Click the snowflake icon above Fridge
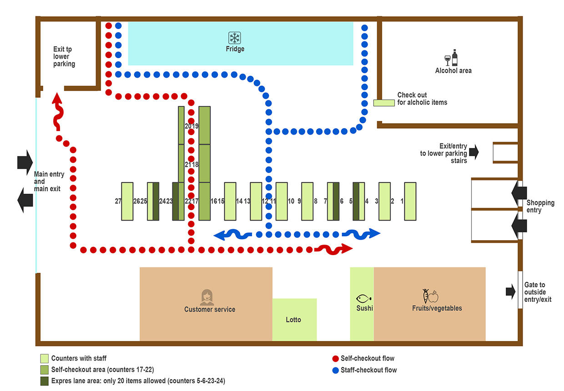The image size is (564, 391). click(x=235, y=38)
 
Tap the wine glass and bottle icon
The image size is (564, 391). click(x=451, y=58)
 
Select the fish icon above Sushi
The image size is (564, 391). click(x=364, y=299)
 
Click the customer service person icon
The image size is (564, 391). click(x=207, y=297)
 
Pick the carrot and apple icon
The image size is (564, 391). click(x=430, y=296)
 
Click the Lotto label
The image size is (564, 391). click(x=293, y=320)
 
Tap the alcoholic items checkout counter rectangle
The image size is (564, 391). click(x=383, y=103)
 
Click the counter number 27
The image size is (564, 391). click(x=118, y=201)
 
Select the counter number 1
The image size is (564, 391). click(x=402, y=201)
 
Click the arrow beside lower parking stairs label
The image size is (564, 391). click(x=473, y=152)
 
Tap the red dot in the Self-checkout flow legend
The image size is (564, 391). click(x=335, y=358)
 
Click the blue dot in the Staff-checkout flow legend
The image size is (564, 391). click(x=335, y=370)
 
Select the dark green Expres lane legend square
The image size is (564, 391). click(x=44, y=381)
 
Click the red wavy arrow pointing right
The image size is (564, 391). click(x=334, y=249)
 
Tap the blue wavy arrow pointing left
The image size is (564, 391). click(x=232, y=235)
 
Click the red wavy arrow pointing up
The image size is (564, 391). click(x=58, y=111)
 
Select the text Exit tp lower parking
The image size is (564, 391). click(x=64, y=56)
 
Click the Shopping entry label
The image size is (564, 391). click(x=540, y=206)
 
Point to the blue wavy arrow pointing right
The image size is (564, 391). click(x=361, y=234)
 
